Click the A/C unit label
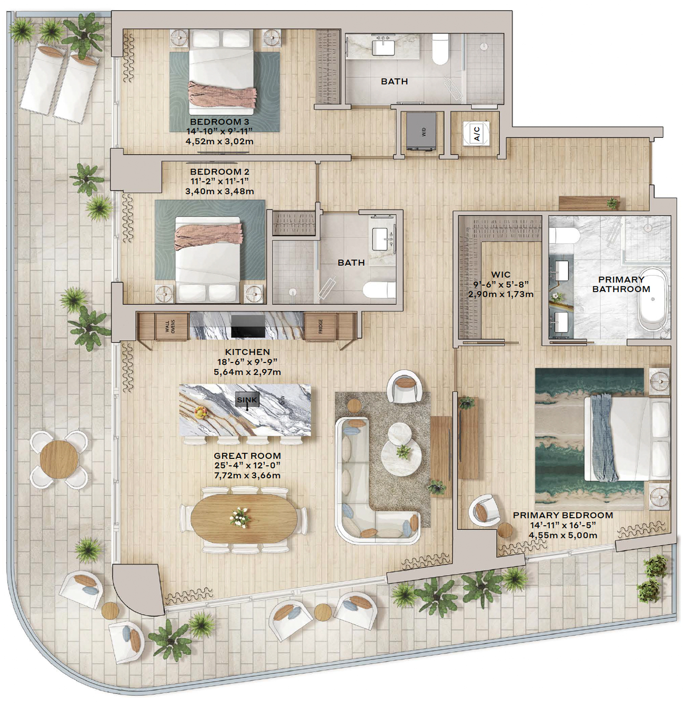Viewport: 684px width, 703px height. click(x=477, y=133)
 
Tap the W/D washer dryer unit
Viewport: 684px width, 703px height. click(x=421, y=131)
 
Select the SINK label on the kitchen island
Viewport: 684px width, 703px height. click(x=247, y=399)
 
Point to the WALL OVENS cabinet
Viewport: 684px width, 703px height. click(x=171, y=327)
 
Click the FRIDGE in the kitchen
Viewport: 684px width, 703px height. click(x=321, y=326)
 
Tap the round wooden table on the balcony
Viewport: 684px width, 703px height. click(x=59, y=459)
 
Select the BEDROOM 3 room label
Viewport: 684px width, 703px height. click(x=219, y=122)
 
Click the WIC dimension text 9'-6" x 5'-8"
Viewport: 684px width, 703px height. click(x=501, y=284)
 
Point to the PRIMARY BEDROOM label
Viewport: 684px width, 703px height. click(x=563, y=515)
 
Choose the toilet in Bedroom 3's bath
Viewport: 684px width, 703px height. click(x=440, y=49)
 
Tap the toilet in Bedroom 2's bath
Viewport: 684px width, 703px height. click(x=379, y=290)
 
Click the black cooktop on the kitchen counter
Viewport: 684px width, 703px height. click(x=248, y=326)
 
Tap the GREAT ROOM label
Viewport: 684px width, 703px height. click(x=247, y=456)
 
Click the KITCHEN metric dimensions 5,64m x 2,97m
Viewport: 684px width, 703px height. click(x=247, y=372)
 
